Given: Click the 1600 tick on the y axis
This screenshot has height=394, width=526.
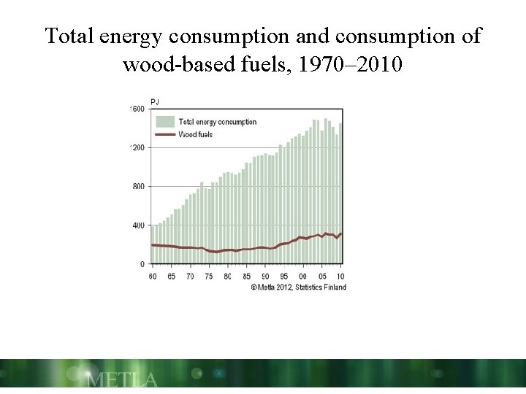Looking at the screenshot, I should [x=137, y=109].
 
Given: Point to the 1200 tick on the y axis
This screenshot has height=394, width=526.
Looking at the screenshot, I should [x=137, y=147].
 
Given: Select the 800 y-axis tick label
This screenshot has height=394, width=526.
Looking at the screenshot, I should [x=138, y=186].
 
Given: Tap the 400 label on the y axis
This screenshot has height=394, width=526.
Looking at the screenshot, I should [x=138, y=225].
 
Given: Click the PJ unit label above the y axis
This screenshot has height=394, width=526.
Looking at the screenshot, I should [x=155, y=101].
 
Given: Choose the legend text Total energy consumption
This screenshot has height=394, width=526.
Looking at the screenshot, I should [x=218, y=122].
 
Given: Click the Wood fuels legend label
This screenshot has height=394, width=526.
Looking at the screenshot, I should [x=196, y=134].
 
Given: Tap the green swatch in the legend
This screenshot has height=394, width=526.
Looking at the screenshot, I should [x=165, y=122].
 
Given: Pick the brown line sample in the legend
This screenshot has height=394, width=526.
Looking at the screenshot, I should [x=165, y=134].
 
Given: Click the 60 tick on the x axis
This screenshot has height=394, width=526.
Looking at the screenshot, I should [x=152, y=277].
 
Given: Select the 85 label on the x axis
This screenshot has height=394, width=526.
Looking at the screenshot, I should [x=246, y=277].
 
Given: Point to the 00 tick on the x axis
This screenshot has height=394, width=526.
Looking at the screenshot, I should [x=303, y=277].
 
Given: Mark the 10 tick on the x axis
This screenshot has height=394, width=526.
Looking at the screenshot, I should [x=340, y=277].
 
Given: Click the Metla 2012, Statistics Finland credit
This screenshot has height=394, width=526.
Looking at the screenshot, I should [x=299, y=287].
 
